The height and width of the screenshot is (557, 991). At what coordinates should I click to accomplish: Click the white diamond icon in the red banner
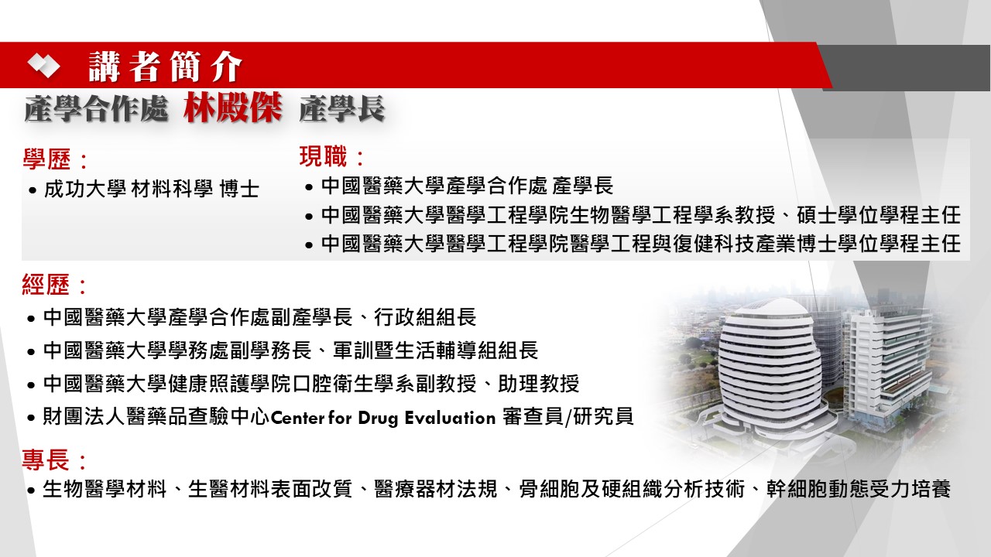44,65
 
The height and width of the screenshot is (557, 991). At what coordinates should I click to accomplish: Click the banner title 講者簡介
166,67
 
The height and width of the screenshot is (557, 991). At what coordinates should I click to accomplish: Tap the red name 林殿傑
233,108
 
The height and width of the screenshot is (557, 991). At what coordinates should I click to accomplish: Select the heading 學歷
47,159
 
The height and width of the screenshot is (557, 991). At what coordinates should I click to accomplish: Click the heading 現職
323,156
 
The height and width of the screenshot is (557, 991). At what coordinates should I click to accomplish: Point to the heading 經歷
46,284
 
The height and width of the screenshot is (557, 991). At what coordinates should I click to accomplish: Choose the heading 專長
46,460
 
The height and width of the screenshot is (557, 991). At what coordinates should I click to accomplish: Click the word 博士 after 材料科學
239,190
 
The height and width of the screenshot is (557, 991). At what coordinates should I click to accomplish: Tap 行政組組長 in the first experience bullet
425,317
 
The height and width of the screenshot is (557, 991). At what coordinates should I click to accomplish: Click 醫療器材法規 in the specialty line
436,490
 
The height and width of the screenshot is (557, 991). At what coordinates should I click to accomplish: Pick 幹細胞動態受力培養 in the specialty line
859,490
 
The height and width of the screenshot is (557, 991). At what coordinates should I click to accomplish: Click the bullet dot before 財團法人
30,418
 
